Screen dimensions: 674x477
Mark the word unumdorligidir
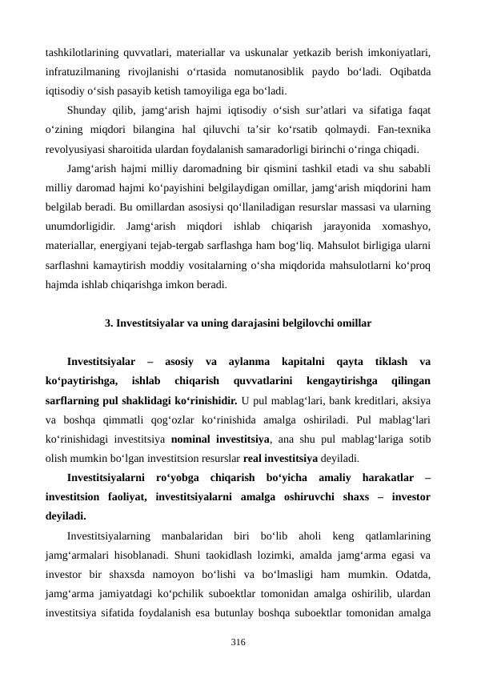coord(83,220)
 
